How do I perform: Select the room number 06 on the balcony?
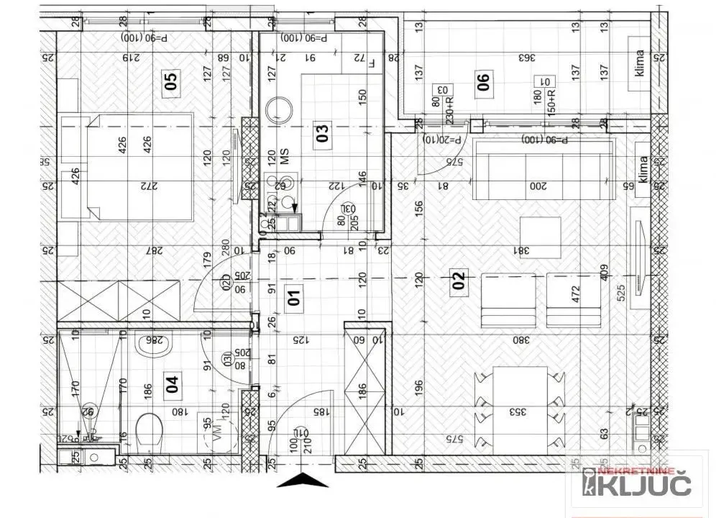pos(484,81)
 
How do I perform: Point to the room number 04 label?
pos(172,386)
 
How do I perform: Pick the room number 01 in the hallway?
pos(293,296)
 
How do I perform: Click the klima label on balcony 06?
pos(640,63)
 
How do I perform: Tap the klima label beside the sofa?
pos(643,171)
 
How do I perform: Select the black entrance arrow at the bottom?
pos(303,480)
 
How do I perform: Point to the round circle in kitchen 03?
pos(280,110)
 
